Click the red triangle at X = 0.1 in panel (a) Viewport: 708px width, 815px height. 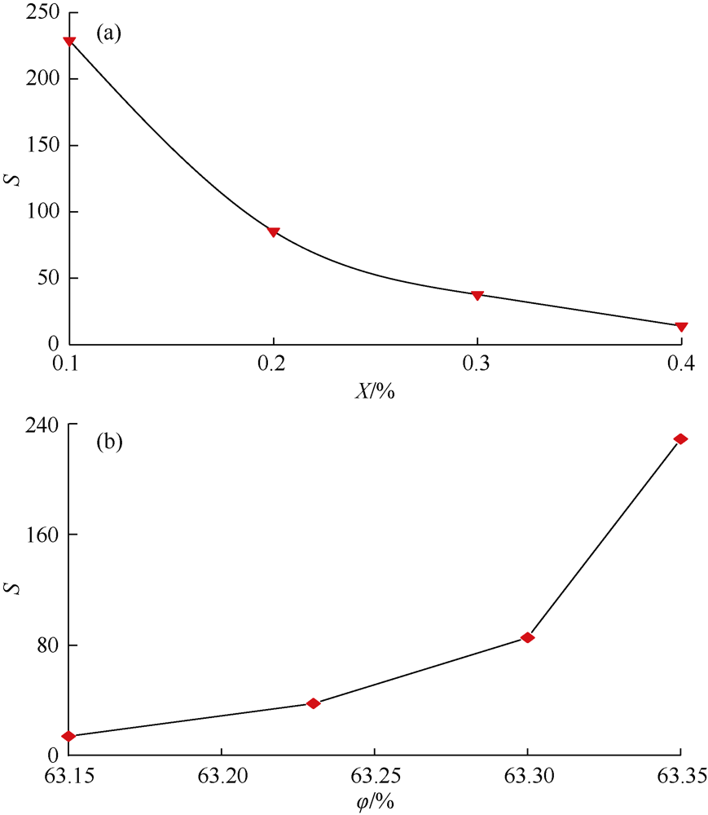[69, 42]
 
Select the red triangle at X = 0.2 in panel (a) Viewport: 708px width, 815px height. [274, 232]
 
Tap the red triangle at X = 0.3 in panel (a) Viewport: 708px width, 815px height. [477, 295]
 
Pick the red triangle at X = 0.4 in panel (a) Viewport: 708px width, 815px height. [681, 327]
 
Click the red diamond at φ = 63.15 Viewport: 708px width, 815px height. [69, 736]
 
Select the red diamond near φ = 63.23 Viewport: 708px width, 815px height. [313, 703]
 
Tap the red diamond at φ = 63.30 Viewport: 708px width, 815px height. [527, 637]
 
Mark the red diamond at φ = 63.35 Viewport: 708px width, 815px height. [681, 439]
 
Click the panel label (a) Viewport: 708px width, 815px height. [109, 33]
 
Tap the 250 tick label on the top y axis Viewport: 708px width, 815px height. [42, 13]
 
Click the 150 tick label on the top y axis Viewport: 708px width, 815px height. [42, 146]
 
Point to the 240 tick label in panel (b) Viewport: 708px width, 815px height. [42, 425]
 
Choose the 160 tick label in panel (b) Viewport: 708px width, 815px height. [42, 535]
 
